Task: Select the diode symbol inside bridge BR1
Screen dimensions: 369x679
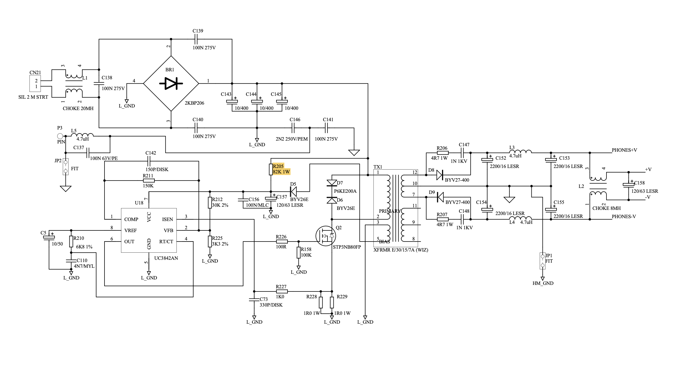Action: tap(171, 83)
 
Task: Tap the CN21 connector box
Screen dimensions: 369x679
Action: tap(35, 83)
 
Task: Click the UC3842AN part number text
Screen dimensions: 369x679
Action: tap(166, 258)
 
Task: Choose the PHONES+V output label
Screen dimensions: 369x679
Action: tap(624, 150)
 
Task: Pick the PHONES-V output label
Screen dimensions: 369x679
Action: tap(624, 217)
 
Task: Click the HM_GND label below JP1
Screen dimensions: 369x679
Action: tap(543, 283)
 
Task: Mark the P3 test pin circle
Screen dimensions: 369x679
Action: tap(60, 136)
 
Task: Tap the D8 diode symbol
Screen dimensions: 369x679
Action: tap(440, 175)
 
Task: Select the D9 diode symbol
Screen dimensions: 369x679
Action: tap(440, 197)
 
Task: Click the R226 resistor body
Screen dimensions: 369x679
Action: tap(282, 242)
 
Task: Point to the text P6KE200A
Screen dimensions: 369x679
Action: tap(345, 191)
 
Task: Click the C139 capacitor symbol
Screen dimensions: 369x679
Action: tap(196, 39)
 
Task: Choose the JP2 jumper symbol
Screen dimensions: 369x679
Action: tap(66, 167)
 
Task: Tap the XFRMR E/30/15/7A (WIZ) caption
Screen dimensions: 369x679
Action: tap(401, 250)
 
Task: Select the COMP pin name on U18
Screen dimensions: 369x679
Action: tap(131, 219)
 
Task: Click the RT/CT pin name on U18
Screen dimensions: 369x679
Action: tap(166, 242)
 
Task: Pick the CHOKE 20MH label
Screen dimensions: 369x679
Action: tap(78, 109)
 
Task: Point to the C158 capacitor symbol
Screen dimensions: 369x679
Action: tap(628, 185)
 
